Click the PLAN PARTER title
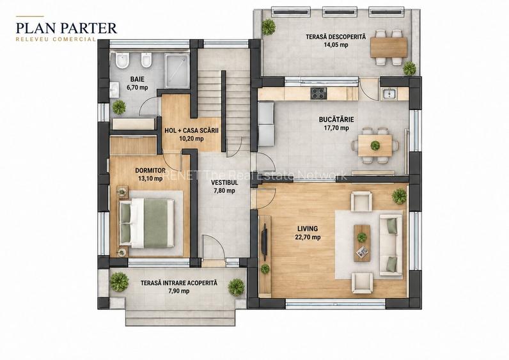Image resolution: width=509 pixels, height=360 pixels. tap(67, 28)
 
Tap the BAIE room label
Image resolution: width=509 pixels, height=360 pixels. tap(137, 79)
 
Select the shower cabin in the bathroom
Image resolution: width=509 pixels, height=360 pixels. tap(176, 71)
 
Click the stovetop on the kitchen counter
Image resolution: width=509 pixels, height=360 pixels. tap(318, 93)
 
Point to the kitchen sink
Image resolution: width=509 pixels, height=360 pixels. tap(389, 93)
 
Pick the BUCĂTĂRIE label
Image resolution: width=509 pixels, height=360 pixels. tap(336, 120)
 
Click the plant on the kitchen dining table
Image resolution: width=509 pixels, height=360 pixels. tap(375, 145)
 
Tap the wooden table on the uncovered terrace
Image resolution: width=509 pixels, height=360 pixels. tap(389, 47)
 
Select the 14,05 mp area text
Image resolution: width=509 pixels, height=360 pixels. tap(336, 45)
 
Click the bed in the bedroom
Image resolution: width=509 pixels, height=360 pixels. tap(147, 223)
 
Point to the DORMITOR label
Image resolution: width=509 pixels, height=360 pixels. tap(150, 171)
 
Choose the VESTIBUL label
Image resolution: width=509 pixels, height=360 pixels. tap(224, 183)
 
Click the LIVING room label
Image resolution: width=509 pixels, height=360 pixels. tap(308, 229)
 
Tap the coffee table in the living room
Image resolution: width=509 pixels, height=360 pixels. tap(362, 243)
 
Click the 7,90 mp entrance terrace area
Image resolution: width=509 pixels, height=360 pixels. tap(179, 291)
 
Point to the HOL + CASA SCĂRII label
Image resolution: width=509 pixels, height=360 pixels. tap(192, 130)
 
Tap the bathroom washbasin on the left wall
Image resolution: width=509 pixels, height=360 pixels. tap(114, 90)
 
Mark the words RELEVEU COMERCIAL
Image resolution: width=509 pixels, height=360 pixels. tap(56, 39)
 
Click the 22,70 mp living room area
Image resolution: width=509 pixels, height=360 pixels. tap(308, 237)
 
